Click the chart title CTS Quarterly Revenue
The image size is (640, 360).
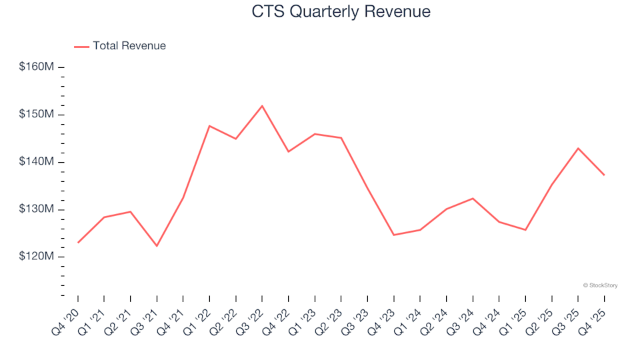(341, 12)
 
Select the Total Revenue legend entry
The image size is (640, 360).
(129, 46)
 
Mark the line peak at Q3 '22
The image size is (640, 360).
(262, 106)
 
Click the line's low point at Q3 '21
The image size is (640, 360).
(157, 246)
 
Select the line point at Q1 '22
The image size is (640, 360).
(209, 126)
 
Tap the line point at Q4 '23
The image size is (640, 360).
(393, 235)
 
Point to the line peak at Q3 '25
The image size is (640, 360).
(578, 148)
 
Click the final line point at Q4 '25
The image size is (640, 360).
(604, 175)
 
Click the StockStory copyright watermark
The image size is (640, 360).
(600, 285)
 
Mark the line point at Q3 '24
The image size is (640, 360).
(473, 198)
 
